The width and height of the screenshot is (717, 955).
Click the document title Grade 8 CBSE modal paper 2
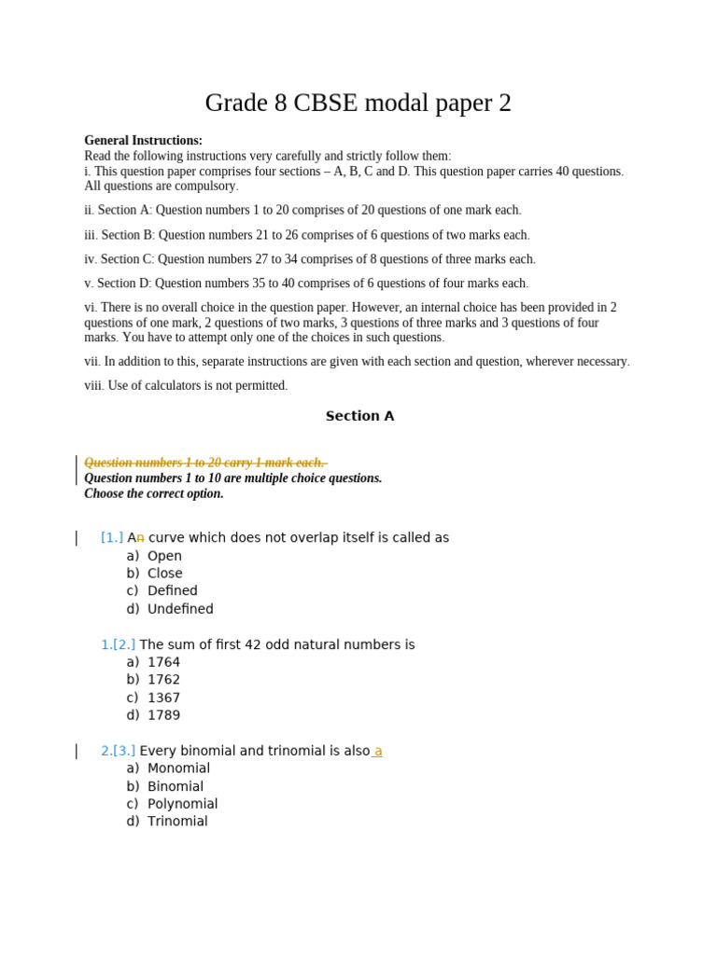[358, 103]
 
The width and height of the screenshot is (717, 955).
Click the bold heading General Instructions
[143, 141]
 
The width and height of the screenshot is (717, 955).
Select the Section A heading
[359, 416]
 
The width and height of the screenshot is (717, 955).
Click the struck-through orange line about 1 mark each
[204, 463]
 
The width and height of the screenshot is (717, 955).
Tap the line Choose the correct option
[154, 493]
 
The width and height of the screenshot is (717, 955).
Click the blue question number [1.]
[112, 537]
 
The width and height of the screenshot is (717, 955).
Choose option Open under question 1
[164, 556]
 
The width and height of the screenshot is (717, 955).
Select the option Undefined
[180, 609]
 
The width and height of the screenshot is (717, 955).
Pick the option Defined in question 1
[173, 590]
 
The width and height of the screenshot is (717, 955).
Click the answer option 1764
[163, 662]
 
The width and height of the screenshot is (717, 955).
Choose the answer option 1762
[163, 680]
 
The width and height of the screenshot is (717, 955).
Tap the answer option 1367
[163, 698]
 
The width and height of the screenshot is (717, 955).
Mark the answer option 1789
[163, 715]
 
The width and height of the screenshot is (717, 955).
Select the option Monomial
[178, 768]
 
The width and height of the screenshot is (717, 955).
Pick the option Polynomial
[182, 804]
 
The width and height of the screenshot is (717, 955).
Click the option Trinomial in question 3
[177, 822]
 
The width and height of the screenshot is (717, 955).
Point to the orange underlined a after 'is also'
[378, 751]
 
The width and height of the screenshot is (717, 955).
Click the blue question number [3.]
[124, 751]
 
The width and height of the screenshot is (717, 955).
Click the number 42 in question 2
[253, 644]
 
